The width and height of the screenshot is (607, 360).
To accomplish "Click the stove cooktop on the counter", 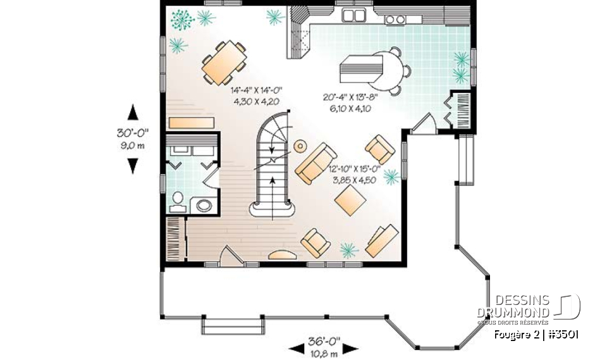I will point(395,19).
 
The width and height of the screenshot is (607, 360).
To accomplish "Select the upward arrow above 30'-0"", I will point(133,113).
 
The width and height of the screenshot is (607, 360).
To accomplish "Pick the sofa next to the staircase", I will point(316,163).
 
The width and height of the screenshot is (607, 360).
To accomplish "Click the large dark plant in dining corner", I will point(183,20).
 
